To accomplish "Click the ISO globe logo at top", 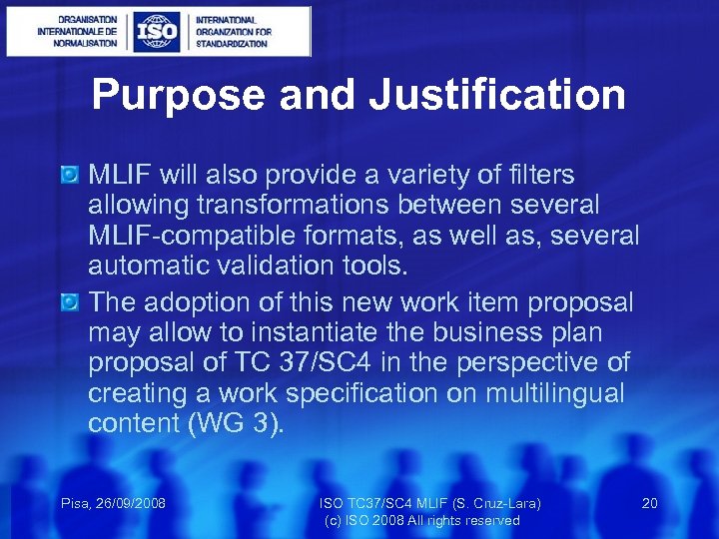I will pyautogui.click(x=158, y=31).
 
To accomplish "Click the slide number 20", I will pyautogui.click(x=649, y=503).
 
